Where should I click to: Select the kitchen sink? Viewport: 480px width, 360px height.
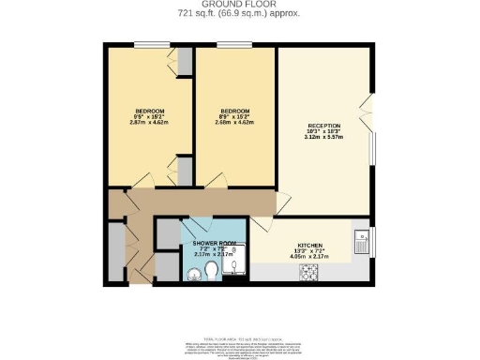click(x=361, y=243)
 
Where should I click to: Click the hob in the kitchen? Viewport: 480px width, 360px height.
click(x=309, y=273)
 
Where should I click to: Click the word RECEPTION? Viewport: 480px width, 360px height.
click(x=324, y=126)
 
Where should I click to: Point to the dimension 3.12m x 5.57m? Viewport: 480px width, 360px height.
click(x=324, y=138)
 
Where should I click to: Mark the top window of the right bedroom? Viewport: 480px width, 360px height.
click(x=234, y=44)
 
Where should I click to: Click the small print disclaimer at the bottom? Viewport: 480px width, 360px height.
click(x=240, y=342)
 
